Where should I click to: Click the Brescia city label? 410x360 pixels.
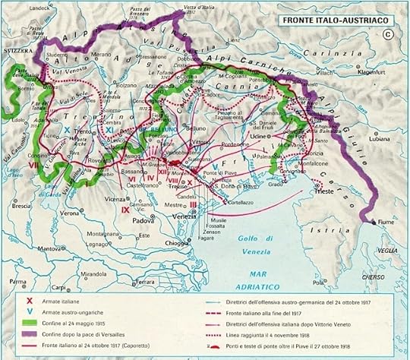22,205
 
